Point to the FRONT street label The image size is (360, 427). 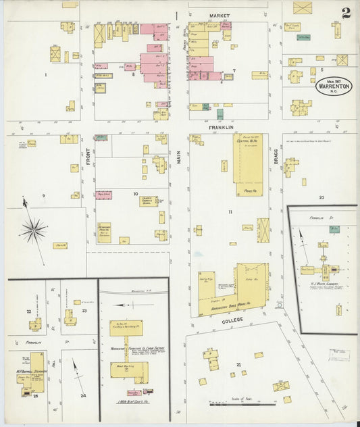pyautogui.click(x=88, y=153)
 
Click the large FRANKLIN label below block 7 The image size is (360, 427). pyautogui.click(x=221, y=127)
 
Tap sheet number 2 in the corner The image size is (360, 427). pyautogui.click(x=346, y=12)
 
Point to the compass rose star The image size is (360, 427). pyautogui.click(x=32, y=231)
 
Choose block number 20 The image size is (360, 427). pyautogui.click(x=322, y=197)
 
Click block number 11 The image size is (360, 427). pyautogui.click(x=230, y=212)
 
